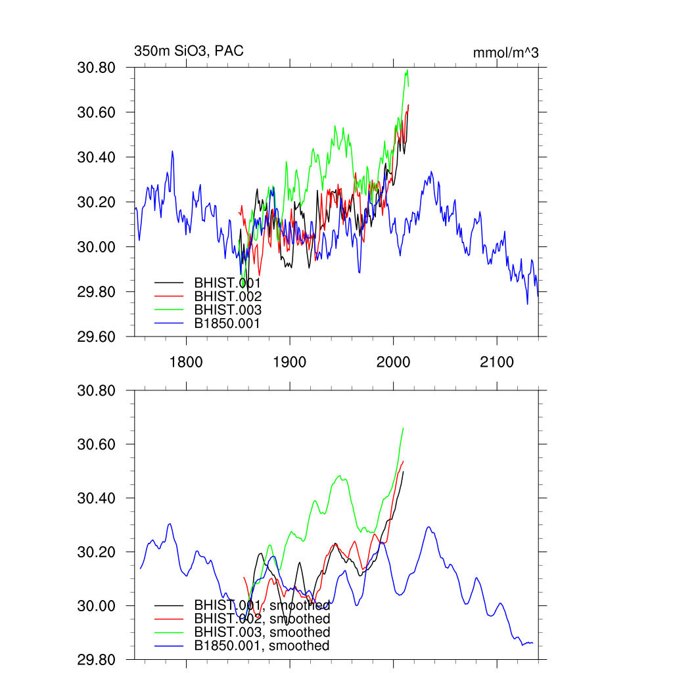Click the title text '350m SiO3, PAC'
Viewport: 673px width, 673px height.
189,51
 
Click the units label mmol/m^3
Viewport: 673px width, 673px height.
505,53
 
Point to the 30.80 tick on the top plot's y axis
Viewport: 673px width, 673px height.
97,68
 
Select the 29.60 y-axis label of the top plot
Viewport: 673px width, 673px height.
97,336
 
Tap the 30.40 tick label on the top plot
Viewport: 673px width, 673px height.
97,157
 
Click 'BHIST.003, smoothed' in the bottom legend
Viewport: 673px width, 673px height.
262,632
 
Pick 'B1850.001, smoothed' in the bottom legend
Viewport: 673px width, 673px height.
262,646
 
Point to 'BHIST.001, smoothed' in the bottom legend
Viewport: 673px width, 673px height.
262,605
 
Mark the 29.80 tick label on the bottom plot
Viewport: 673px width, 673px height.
97,659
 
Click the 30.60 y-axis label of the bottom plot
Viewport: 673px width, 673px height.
97,444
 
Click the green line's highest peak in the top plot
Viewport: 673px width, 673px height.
407,70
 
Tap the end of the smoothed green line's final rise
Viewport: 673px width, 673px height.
403,429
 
